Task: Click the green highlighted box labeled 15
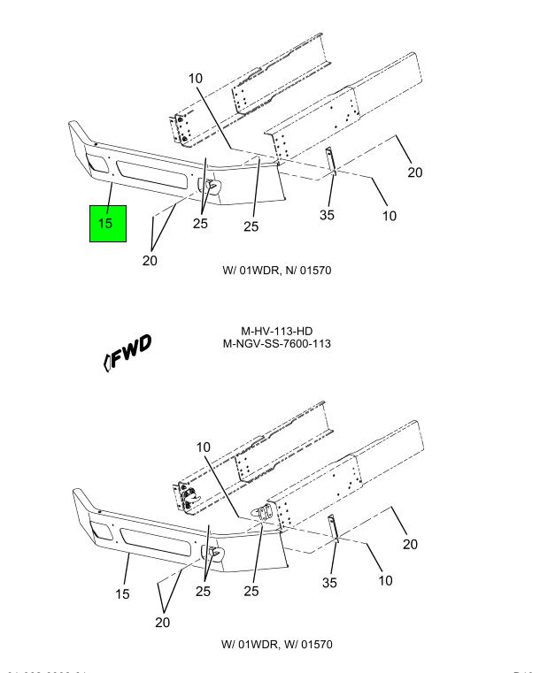[x=107, y=224]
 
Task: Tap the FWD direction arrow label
[x=127, y=351]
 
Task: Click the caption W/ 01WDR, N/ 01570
[x=277, y=270]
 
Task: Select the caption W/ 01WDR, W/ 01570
[x=277, y=644]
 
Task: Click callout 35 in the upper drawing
[x=328, y=215]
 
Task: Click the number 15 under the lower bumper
[x=123, y=593]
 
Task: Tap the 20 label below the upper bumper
[x=150, y=261]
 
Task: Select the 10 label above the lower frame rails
[x=204, y=447]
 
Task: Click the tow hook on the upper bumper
[x=213, y=187]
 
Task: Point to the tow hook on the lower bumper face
[x=213, y=553]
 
